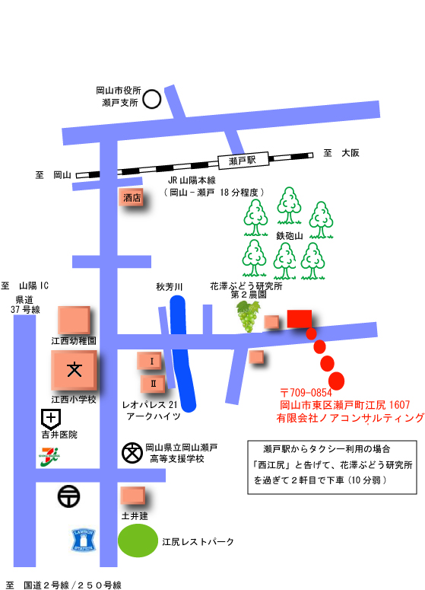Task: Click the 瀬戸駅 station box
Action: (243, 161)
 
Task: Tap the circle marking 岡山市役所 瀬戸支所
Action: (152, 99)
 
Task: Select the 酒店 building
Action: (131, 197)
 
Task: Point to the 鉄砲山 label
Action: (290, 236)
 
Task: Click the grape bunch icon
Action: (248, 315)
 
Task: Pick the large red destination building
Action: (300, 319)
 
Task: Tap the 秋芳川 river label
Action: (169, 287)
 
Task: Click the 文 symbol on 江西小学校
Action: (75, 369)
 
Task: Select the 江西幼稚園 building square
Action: (74, 320)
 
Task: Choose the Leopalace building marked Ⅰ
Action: (149, 361)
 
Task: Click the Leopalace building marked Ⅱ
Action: (153, 384)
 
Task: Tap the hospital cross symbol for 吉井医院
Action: (51, 419)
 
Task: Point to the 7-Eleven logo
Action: (49, 457)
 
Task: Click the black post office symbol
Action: (68, 496)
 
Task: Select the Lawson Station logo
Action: (84, 541)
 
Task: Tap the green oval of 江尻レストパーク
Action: (138, 541)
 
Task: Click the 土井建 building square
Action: (132, 496)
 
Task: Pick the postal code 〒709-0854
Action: (306, 393)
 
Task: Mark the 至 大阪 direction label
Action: (341, 153)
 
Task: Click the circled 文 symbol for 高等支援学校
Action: (132, 453)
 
